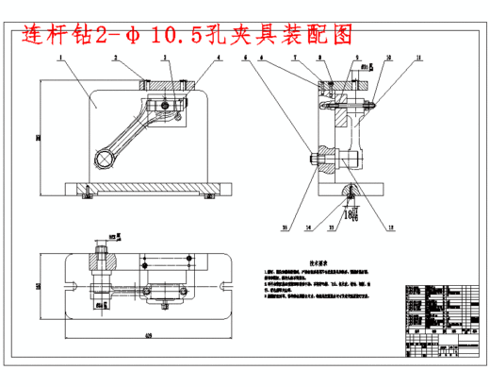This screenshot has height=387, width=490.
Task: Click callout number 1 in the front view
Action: [x=59, y=58]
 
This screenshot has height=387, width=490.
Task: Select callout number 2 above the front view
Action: [x=115, y=58]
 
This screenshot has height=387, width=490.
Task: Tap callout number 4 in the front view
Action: [x=219, y=58]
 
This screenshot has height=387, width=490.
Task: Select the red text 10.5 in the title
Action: [x=201, y=34]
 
